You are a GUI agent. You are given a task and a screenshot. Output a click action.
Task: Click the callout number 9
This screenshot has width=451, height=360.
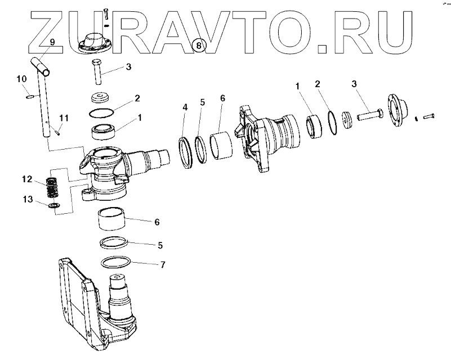(52, 43)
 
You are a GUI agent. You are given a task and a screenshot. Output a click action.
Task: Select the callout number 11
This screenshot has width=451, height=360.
(64, 118)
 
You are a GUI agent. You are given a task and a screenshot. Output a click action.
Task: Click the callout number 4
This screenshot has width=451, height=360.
(185, 107)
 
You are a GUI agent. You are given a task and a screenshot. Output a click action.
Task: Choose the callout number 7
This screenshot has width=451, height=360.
(163, 264)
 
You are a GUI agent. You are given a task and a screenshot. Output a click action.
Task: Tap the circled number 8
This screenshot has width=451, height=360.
(197, 44)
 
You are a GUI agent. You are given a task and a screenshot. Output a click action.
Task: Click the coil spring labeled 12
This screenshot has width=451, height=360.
(52, 187)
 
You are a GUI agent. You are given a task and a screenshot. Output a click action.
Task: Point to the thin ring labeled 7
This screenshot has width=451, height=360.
(117, 263)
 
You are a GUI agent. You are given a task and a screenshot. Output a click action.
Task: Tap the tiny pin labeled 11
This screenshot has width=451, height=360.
(59, 132)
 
